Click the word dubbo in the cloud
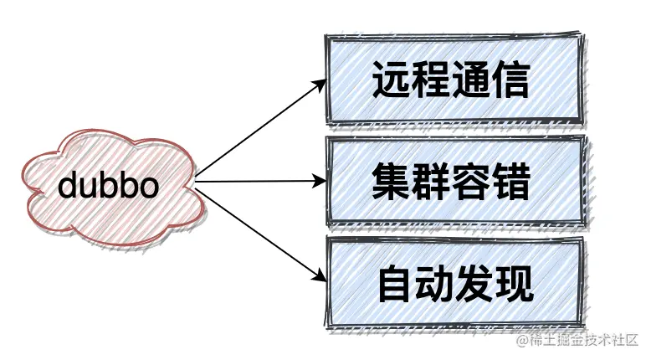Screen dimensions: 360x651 point(108,186)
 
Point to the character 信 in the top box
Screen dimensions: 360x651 point(511,80)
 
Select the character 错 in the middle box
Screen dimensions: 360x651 point(511,182)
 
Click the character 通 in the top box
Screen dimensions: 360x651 point(472,80)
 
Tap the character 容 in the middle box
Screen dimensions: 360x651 point(472,182)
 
